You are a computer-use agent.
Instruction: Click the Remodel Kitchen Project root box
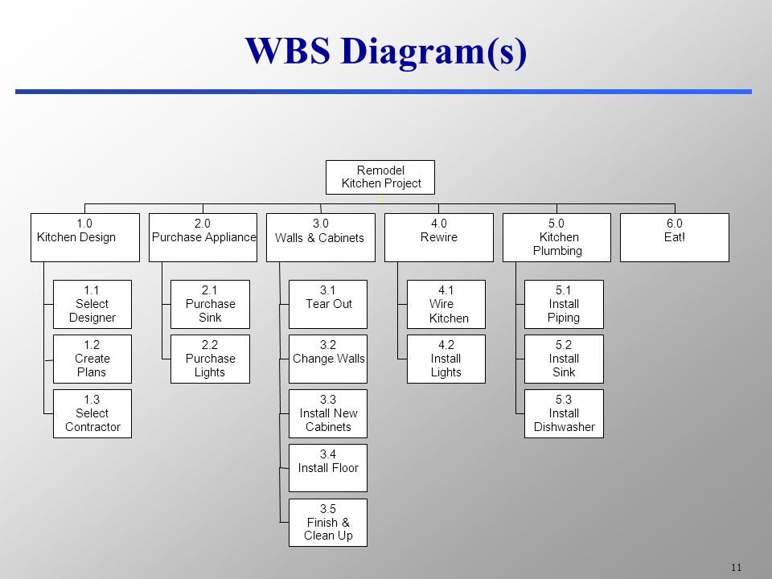[380, 177]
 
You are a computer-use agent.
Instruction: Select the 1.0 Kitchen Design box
[85, 237]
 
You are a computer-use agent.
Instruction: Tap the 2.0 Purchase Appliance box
[203, 237]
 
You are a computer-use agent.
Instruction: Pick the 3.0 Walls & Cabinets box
[321, 237]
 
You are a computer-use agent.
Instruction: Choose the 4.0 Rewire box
[439, 237]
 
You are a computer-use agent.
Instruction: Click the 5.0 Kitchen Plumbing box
[556, 237]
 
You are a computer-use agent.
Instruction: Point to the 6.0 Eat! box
[675, 237]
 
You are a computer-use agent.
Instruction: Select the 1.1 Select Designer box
[92, 304]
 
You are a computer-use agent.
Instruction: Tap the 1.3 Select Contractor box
[92, 413]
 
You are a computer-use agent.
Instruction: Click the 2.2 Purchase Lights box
[210, 359]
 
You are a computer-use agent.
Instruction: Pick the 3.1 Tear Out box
[328, 304]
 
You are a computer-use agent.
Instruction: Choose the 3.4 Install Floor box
[328, 468]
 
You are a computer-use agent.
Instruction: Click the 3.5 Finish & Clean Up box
[328, 523]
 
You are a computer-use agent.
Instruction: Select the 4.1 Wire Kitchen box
[446, 304]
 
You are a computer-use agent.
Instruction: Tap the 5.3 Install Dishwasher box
[564, 413]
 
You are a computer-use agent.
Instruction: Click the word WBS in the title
[288, 50]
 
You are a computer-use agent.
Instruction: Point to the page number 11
[736, 567]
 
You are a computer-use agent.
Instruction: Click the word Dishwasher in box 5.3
[565, 427]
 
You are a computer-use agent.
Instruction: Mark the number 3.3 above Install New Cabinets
[328, 400]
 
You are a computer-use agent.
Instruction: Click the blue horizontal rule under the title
[384, 92]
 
